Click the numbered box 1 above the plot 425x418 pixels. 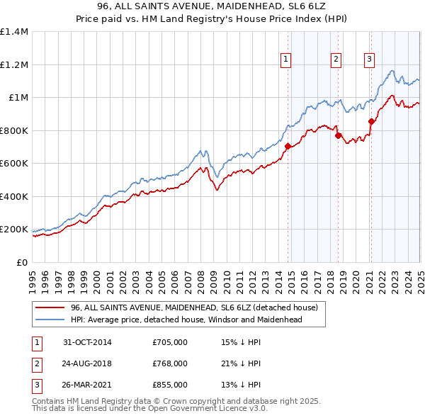(285, 60)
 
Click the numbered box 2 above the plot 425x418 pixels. (336, 60)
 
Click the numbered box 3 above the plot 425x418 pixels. (369, 60)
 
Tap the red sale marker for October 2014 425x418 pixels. (288, 147)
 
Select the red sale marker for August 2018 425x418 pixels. (338, 136)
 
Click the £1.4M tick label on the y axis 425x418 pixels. (14, 32)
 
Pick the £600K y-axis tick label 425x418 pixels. (14, 164)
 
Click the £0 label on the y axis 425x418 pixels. (21, 262)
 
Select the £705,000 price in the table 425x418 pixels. (170, 342)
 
